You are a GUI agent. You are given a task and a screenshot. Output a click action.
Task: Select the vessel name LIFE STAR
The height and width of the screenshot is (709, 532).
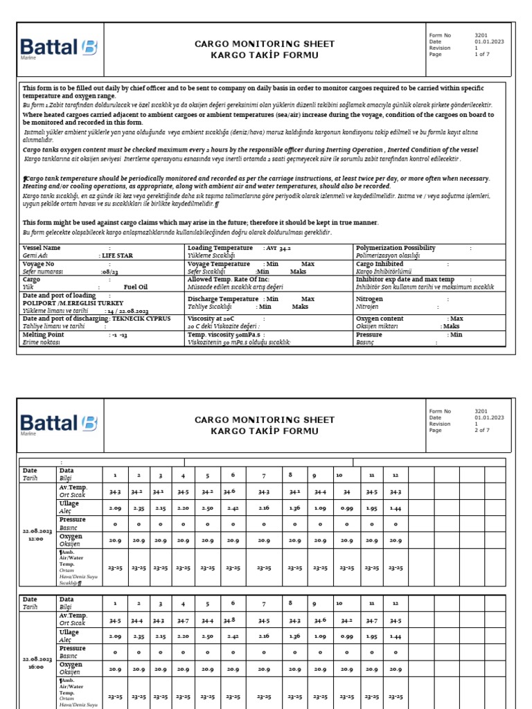pos(116,255)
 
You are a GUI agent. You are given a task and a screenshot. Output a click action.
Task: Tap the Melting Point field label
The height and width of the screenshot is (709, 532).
pos(43,334)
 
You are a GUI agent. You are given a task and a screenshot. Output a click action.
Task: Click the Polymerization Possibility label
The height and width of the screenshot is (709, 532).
pos(396,247)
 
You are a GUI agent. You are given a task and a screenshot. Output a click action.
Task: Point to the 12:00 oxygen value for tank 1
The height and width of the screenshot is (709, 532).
pos(114,540)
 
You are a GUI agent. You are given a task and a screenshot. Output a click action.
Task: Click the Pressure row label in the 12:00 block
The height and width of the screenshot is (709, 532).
pos(73,519)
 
